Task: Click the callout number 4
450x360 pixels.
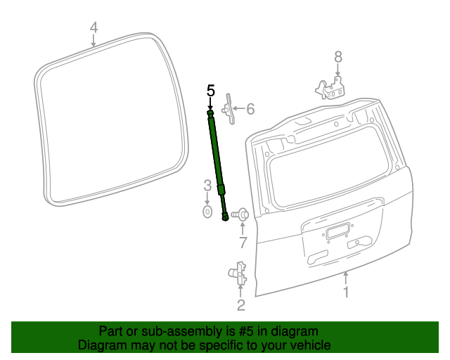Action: point(94,28)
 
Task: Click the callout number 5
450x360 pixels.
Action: point(210,91)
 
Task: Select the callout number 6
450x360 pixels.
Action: point(250,109)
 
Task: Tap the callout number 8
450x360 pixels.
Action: point(337,57)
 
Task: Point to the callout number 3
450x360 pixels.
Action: point(207,186)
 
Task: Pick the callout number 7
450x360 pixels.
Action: point(243,243)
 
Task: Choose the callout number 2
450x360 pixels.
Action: point(240,304)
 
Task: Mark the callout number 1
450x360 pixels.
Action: point(345,291)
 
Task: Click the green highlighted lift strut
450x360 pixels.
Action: point(217,162)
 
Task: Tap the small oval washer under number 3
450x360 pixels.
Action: point(207,211)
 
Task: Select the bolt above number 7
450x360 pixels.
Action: point(240,214)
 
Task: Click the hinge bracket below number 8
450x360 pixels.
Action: point(330,89)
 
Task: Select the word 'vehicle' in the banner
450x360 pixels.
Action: point(310,345)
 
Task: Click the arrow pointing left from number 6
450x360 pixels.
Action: point(237,109)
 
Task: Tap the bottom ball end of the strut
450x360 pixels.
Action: point(225,217)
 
